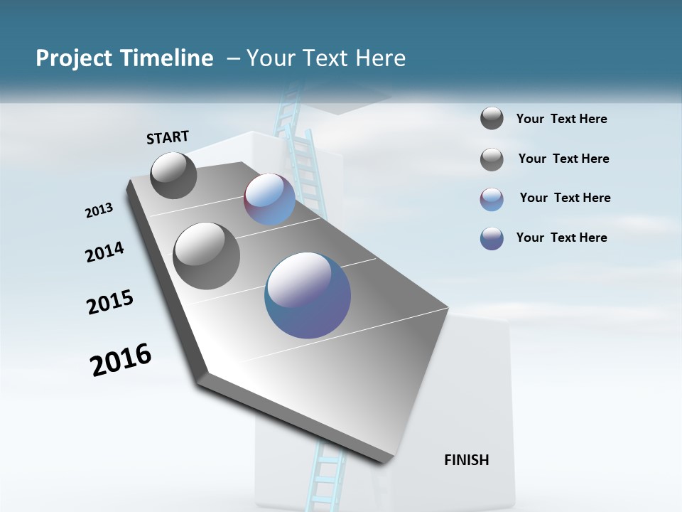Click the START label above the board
(168, 137)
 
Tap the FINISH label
(467, 460)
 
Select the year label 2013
(99, 210)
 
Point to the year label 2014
(104, 252)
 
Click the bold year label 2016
(121, 360)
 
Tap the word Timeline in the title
(170, 58)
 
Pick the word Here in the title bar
(379, 58)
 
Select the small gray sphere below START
(173, 175)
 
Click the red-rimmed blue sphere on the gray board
(269, 199)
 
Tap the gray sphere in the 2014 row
(206, 256)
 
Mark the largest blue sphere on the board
(308, 295)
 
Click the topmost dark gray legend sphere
(492, 119)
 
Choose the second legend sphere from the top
(492, 159)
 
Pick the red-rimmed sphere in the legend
(492, 199)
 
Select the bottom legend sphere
(492, 238)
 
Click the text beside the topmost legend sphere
(561, 119)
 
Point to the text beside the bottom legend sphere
(561, 238)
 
